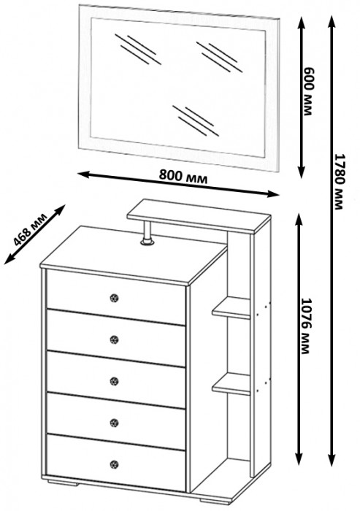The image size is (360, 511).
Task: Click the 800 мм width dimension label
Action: [x=183, y=177]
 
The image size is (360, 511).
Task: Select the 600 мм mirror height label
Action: [x=307, y=91]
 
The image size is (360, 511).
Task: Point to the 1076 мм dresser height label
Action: [x=305, y=326]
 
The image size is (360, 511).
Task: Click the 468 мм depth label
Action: [x=31, y=231]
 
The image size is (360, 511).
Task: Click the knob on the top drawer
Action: [x=114, y=298]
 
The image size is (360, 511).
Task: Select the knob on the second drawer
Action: [x=114, y=339]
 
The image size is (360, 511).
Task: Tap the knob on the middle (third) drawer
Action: [x=114, y=381]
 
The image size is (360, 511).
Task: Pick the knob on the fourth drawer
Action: [x=114, y=423]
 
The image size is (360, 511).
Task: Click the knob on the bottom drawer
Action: [x=114, y=464]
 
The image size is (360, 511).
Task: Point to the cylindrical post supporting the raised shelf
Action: [x=148, y=232]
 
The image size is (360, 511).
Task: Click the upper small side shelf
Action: [x=231, y=307]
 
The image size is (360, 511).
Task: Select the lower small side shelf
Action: [x=231, y=384]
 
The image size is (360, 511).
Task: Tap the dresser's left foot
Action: [x=64, y=483]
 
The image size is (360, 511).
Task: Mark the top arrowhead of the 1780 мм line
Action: [x=332, y=20]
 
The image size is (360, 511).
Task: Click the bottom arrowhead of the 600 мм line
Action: [x=302, y=174]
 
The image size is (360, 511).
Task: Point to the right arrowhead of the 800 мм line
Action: [x=273, y=194]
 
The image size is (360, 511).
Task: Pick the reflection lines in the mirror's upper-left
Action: [x=137, y=49]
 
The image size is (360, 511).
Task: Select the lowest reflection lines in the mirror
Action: [x=196, y=120]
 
